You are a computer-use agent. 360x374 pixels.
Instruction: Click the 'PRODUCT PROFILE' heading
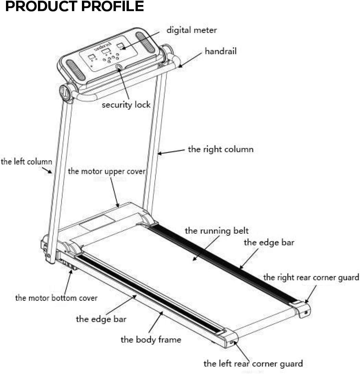pos(75,6)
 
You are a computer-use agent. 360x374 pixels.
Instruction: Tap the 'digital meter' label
pos(191,30)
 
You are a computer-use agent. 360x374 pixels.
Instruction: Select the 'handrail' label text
pos(220,51)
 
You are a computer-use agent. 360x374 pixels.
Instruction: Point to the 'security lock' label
pos(126,105)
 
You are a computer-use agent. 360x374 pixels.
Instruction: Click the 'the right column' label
pos(220,149)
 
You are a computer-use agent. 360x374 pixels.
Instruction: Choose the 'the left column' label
pos(26,162)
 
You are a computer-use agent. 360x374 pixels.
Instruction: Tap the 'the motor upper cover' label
pos(107,171)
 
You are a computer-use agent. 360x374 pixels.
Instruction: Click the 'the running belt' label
pos(216,231)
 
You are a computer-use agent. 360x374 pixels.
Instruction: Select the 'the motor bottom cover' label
pos(56,298)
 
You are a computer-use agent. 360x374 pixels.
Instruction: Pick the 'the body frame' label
pos(151,340)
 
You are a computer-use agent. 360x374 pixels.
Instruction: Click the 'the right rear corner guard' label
pos(311,277)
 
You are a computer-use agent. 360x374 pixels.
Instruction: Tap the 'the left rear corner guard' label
pos(253,363)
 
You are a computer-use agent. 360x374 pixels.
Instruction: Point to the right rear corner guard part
pos(301,309)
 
